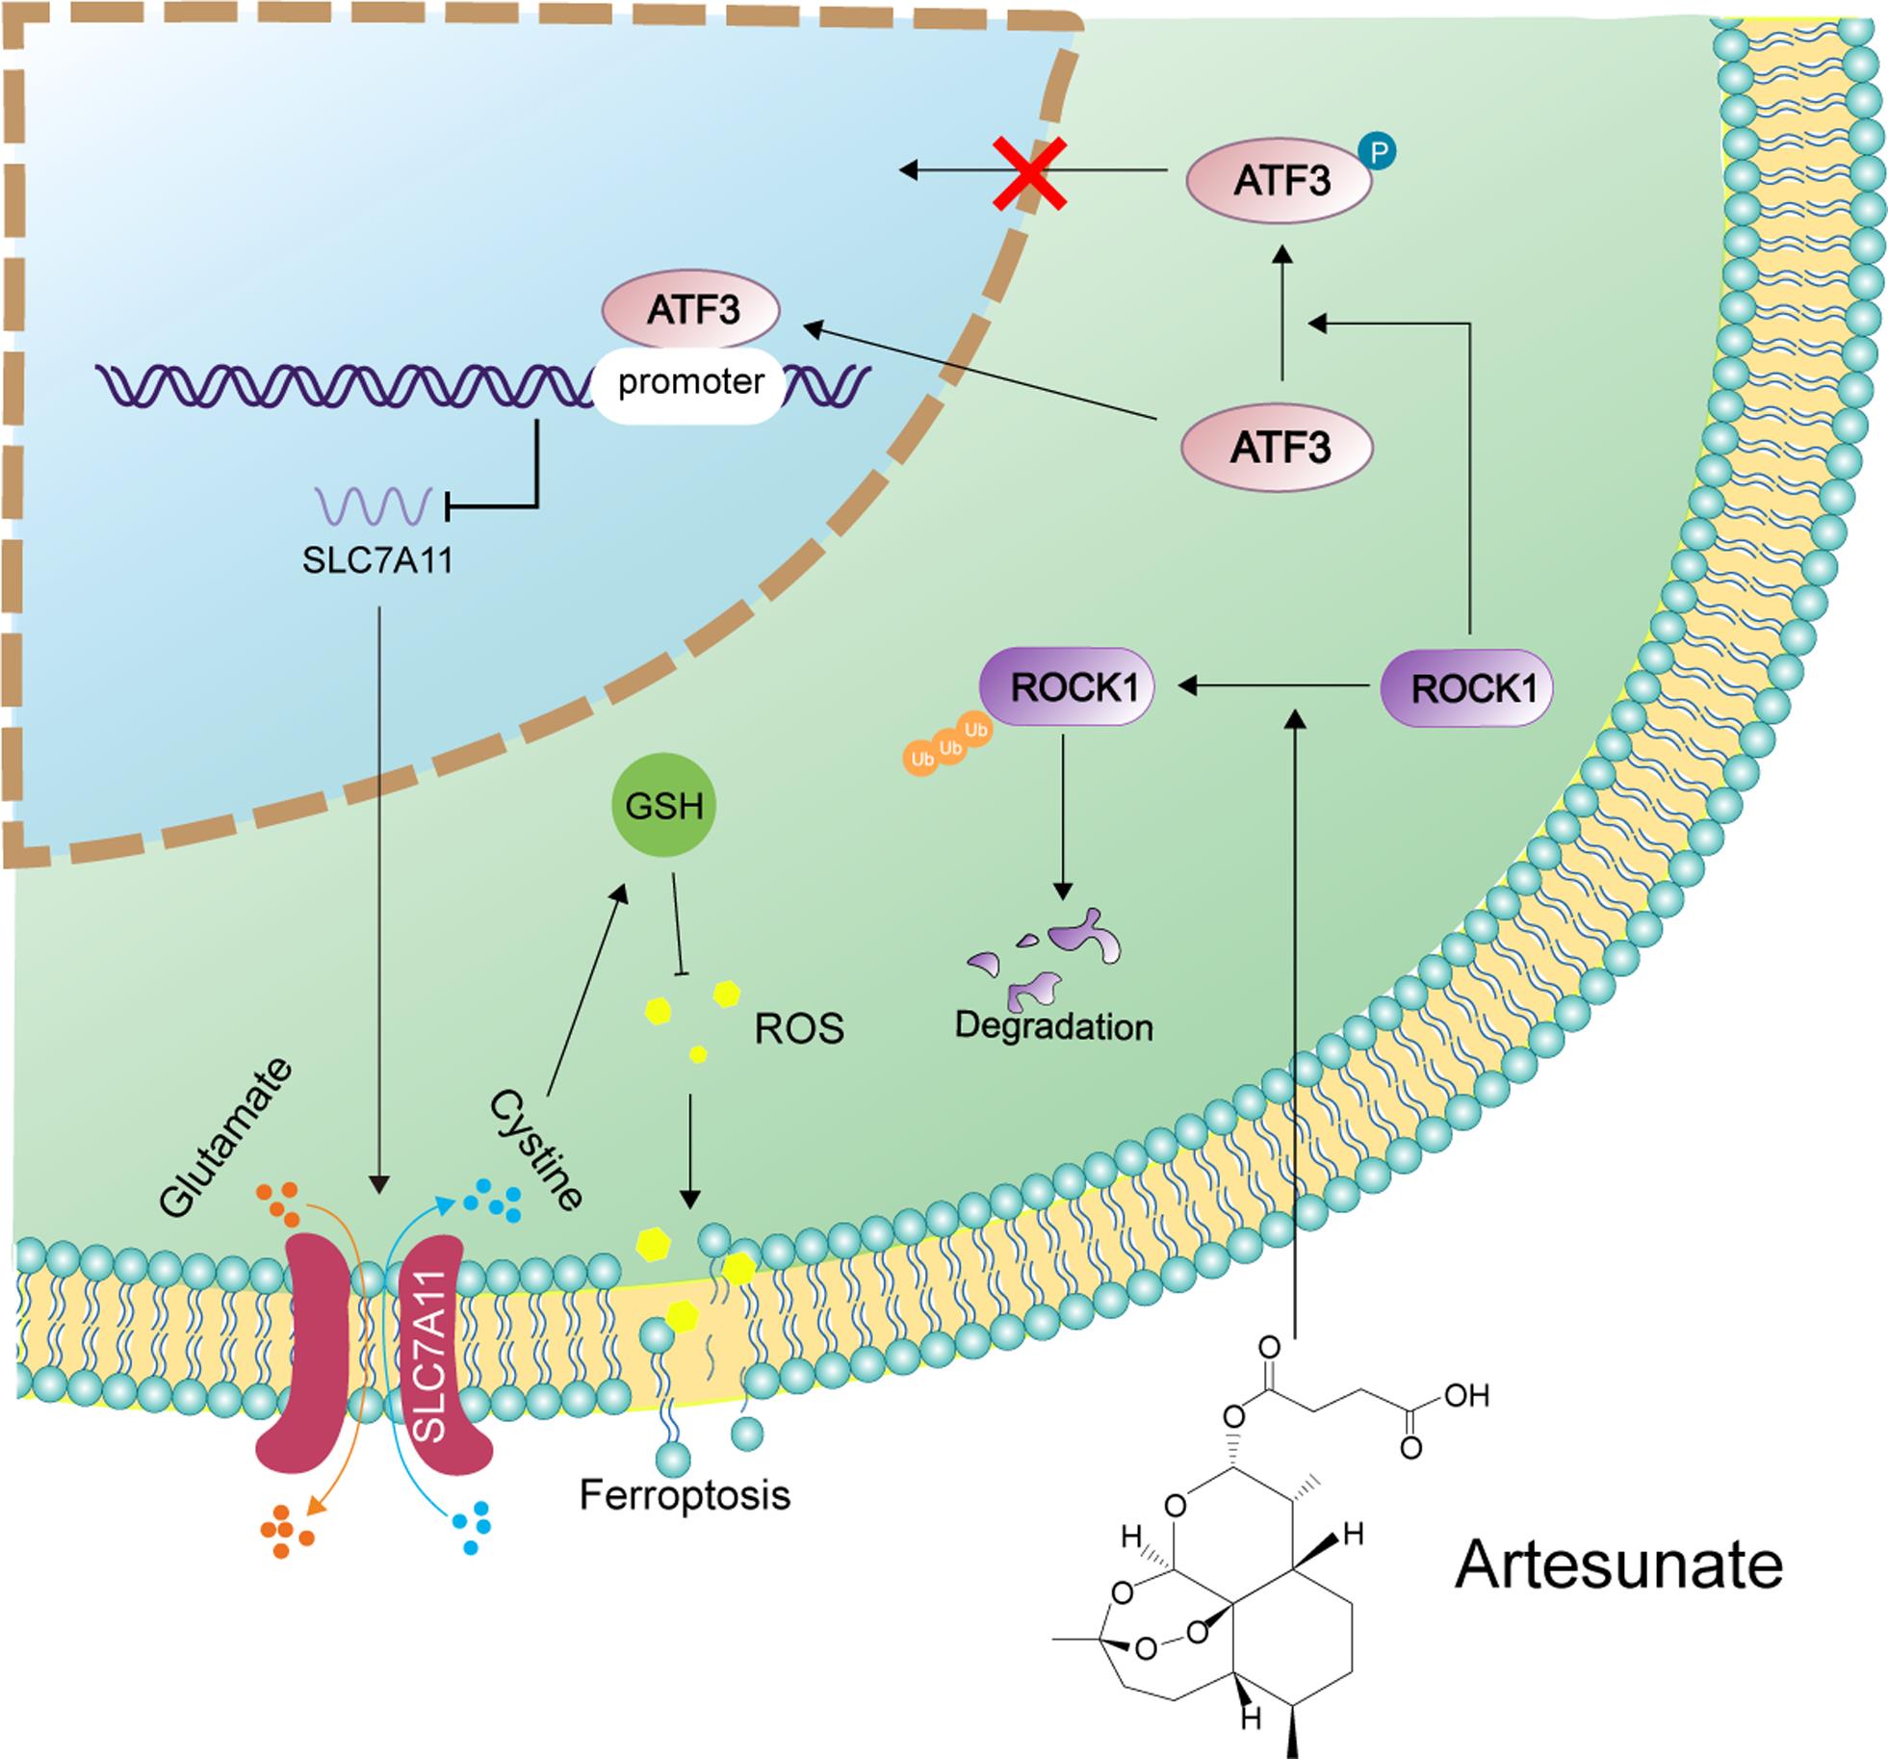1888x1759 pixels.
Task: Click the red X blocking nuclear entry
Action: (1029, 174)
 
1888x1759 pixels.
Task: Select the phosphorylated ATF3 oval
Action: (1280, 181)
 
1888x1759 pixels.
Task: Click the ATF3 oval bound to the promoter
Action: (691, 311)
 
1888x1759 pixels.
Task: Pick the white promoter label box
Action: (690, 383)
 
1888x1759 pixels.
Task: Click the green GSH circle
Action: (663, 806)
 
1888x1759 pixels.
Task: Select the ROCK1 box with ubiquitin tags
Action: (1066, 687)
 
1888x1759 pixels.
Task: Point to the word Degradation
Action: (1053, 1026)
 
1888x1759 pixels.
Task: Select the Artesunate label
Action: (1618, 1565)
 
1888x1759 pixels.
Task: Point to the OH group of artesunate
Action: (1466, 1396)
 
